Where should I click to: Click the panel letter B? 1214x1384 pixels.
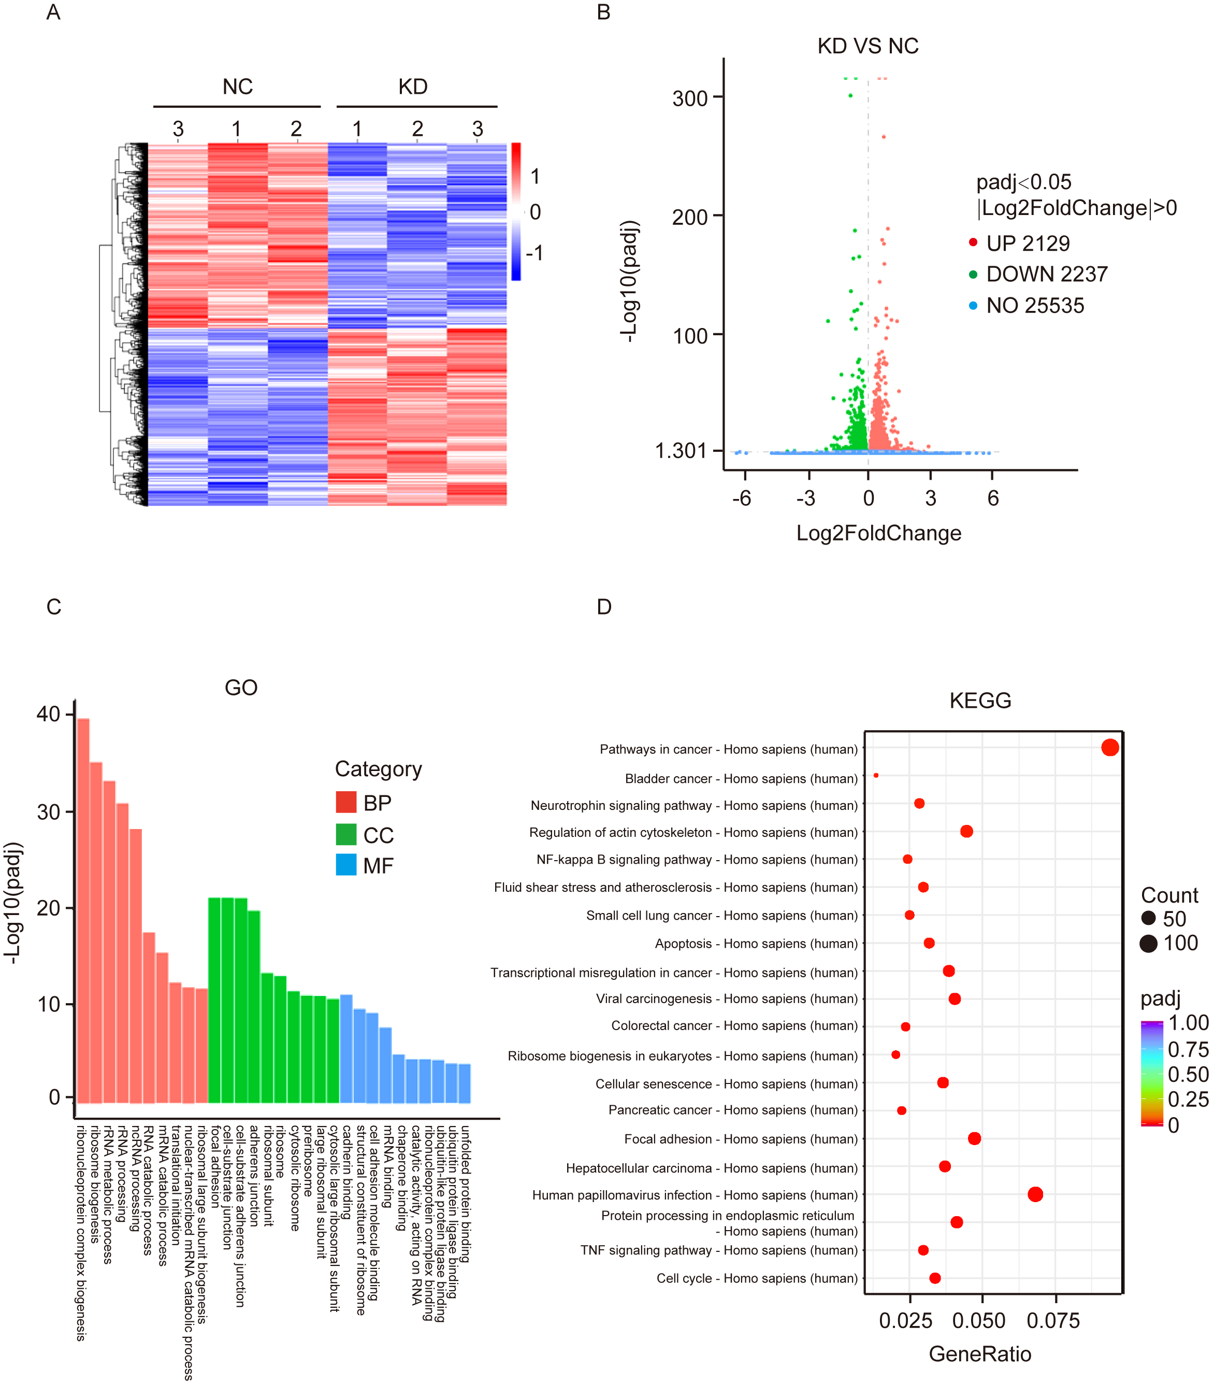(603, 12)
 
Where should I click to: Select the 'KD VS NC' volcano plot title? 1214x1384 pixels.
(868, 46)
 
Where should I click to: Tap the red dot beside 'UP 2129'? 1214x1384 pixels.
(973, 242)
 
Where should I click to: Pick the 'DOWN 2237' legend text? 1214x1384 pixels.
(1046, 274)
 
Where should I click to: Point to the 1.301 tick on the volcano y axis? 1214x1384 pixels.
(681, 450)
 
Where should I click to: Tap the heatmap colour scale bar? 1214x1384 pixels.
(516, 211)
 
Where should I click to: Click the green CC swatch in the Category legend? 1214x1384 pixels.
(346, 834)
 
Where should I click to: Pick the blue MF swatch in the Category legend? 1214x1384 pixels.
(346, 865)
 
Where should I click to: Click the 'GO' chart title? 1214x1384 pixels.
(241, 688)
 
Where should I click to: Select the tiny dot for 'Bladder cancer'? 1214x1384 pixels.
(876, 775)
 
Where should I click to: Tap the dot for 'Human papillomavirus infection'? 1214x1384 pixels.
(1035, 1194)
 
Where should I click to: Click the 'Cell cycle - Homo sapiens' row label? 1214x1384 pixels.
(757, 1278)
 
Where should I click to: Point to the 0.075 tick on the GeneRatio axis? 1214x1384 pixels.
(1053, 1320)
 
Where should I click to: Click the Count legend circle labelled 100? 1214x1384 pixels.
(1148, 943)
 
